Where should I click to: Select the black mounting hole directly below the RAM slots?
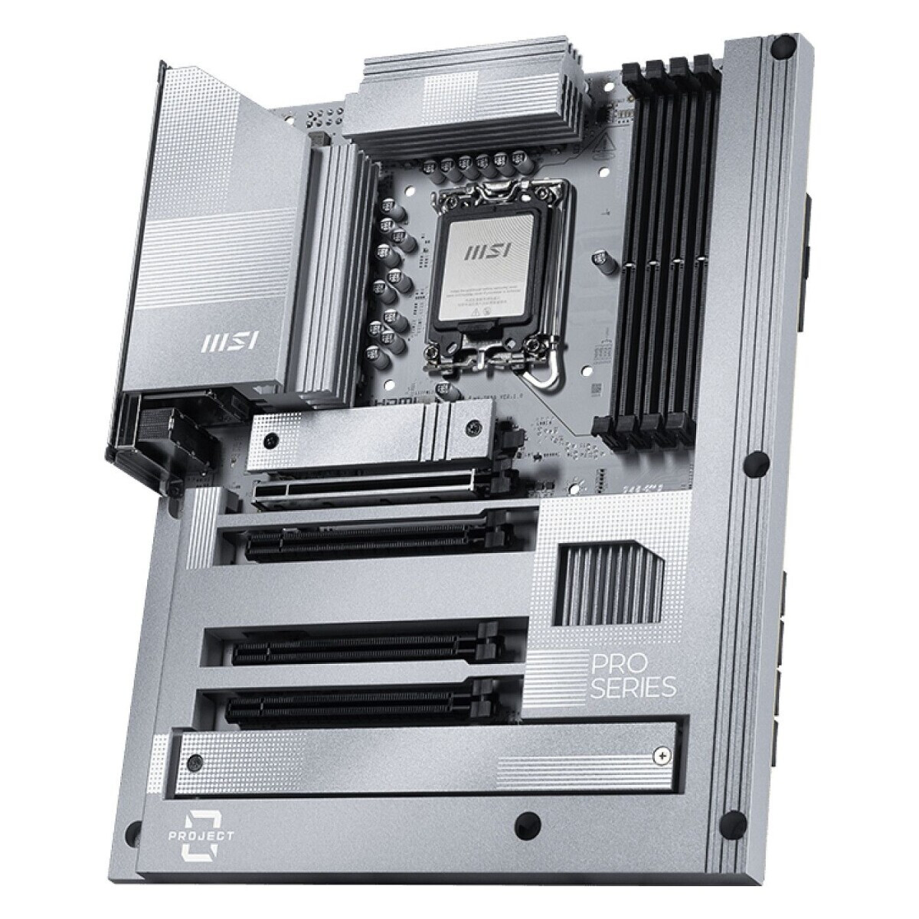coord(757,461)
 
